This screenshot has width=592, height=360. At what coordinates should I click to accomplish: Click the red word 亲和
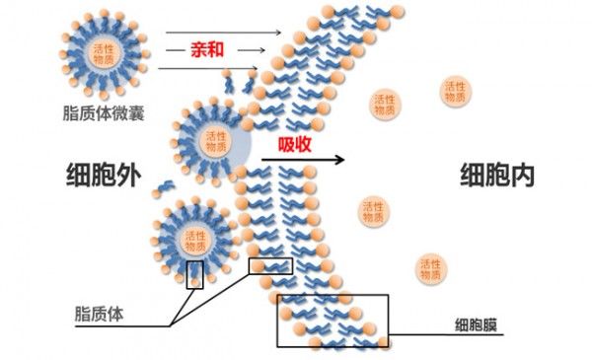click(x=207, y=49)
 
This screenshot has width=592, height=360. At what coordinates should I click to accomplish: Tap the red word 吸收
click(x=295, y=144)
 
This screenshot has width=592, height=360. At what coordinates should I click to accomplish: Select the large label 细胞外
click(x=104, y=175)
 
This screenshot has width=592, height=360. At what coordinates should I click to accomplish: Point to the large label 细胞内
click(x=497, y=176)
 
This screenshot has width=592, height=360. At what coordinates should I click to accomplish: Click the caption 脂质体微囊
click(x=104, y=113)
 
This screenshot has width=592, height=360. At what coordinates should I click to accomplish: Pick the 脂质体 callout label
click(x=99, y=314)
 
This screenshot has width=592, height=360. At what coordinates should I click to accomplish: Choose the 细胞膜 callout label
click(x=476, y=324)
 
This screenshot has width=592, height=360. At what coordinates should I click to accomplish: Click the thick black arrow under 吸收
click(x=303, y=160)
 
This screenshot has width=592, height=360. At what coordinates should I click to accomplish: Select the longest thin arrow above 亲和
click(x=224, y=33)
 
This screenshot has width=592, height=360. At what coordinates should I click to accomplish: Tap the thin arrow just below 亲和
click(x=208, y=68)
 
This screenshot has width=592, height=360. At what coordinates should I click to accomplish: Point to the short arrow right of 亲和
click(x=252, y=50)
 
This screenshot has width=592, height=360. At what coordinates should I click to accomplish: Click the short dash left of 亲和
click(x=172, y=50)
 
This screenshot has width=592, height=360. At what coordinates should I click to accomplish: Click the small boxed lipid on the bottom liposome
click(x=194, y=275)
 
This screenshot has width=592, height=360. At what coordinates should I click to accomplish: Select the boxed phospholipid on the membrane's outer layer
click(x=270, y=266)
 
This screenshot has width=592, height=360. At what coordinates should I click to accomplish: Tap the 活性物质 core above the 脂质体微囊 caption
click(x=104, y=54)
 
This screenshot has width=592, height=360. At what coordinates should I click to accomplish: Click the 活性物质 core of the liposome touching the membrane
click(x=215, y=141)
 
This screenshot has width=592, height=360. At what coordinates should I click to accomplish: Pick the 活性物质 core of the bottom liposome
click(x=195, y=242)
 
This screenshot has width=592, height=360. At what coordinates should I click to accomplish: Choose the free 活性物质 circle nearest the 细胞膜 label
click(x=431, y=269)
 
